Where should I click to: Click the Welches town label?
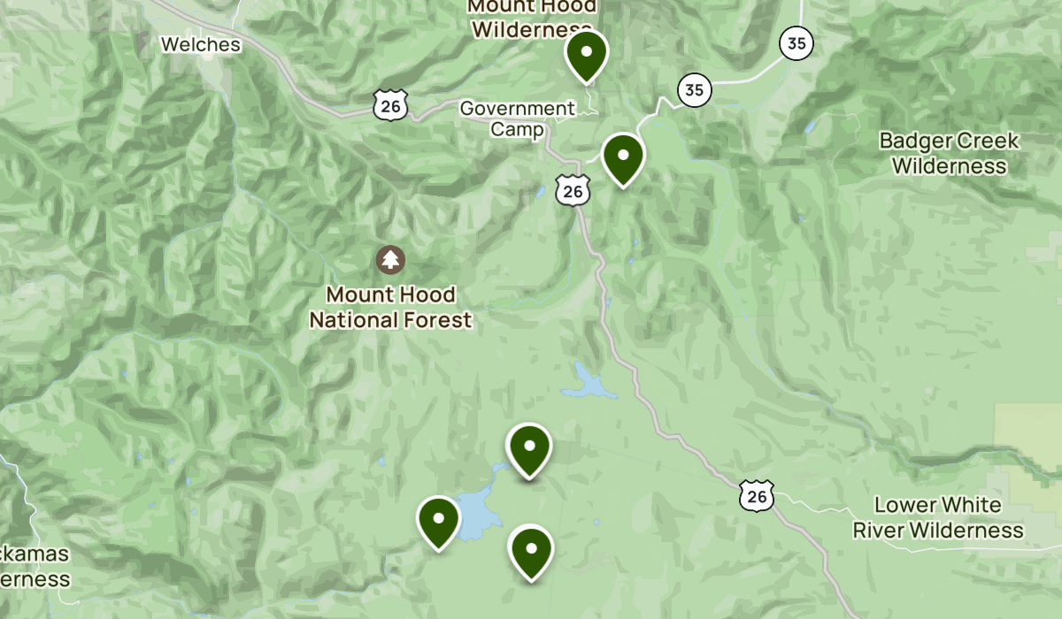201,43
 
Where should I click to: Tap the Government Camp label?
517,118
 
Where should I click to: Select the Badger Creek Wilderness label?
949,153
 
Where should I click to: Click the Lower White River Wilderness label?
938,517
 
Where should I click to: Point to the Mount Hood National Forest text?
390,307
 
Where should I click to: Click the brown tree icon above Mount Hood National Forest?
390,259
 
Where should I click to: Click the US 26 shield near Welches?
390,105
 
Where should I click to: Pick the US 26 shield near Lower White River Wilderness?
758,496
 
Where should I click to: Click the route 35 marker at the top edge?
796,43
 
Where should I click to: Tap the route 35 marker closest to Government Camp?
695,89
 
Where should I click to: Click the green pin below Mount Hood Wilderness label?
586,54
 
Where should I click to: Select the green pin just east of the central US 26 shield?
623,157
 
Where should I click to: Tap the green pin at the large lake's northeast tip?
528,448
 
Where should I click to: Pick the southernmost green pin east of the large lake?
531,550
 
